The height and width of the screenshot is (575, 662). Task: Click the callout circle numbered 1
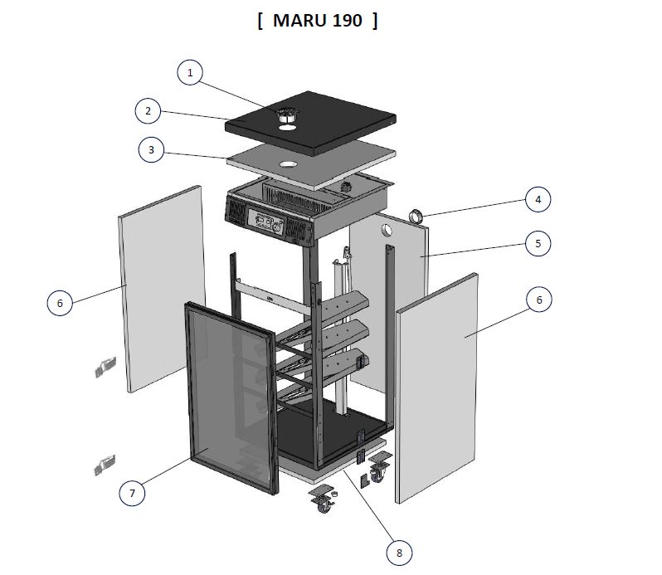tap(190, 72)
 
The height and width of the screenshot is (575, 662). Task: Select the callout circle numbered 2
tap(148, 111)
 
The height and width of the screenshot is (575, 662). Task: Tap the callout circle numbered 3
tap(151, 150)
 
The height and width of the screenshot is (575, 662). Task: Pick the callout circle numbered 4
tap(538, 199)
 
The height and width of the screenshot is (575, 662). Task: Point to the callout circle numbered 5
tap(538, 243)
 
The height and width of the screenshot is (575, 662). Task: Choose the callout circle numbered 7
tap(132, 493)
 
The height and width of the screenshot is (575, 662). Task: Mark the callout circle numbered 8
tap(399, 553)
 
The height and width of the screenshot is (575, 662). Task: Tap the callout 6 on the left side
tap(60, 303)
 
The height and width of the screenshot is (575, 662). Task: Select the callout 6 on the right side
tap(538, 300)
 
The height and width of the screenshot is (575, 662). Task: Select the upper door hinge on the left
tap(105, 367)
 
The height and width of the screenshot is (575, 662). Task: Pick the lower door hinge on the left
tap(105, 465)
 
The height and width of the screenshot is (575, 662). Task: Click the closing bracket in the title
tap(375, 20)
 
